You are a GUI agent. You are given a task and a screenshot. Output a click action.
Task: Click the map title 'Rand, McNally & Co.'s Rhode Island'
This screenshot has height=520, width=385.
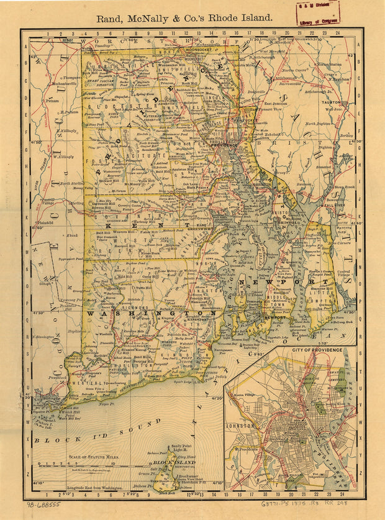[184, 18]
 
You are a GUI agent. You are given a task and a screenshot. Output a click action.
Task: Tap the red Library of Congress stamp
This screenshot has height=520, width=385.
[317, 12]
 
